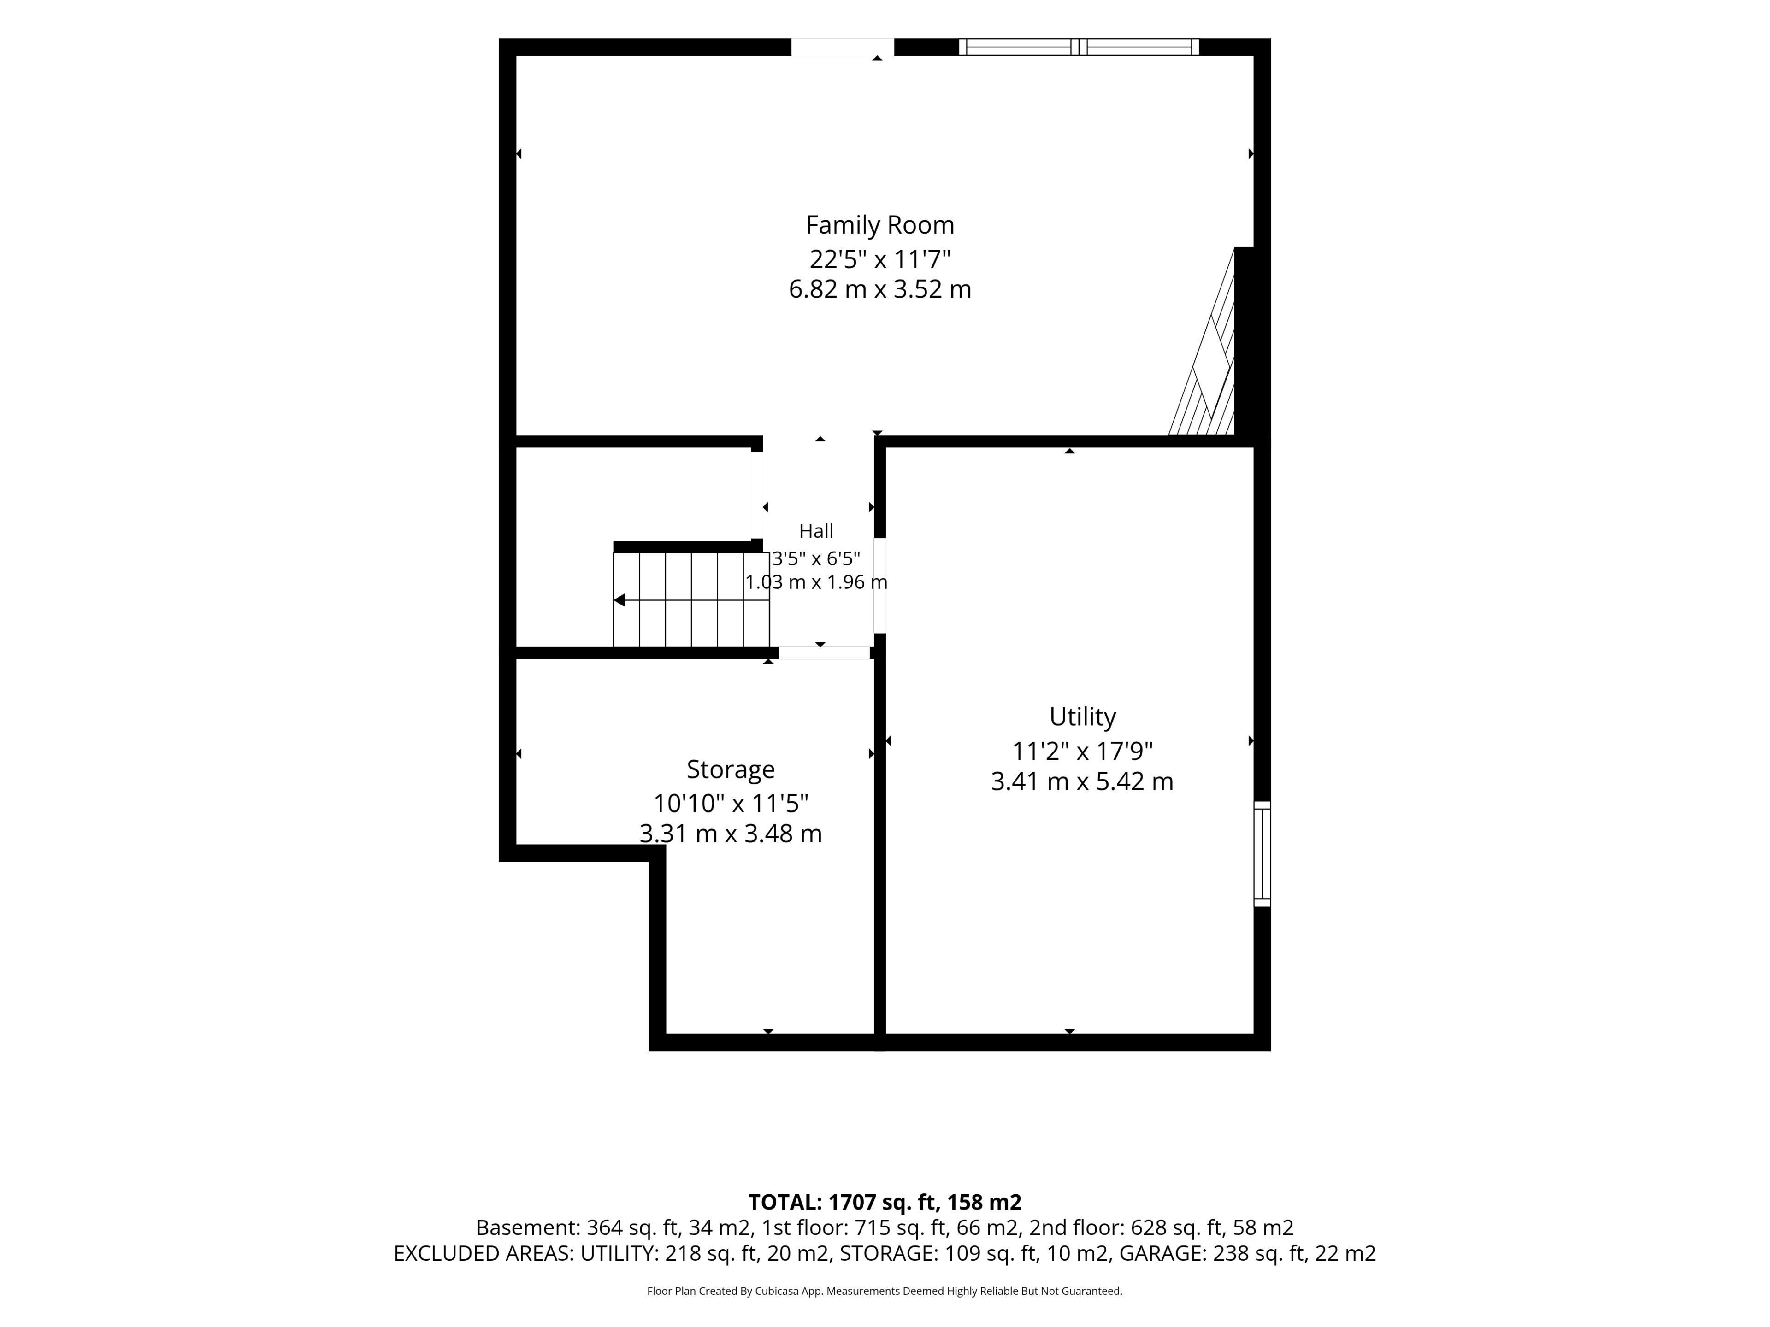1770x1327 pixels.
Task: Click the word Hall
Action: [x=816, y=531]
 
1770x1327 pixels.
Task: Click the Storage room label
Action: [x=731, y=769]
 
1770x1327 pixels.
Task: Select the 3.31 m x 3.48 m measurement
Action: [x=731, y=834]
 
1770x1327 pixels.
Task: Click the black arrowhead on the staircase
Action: [x=619, y=600]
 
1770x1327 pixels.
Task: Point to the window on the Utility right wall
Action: [x=1262, y=853]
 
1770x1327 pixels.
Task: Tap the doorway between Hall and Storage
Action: [x=824, y=653]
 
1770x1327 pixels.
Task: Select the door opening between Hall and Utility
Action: [x=879, y=586]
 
